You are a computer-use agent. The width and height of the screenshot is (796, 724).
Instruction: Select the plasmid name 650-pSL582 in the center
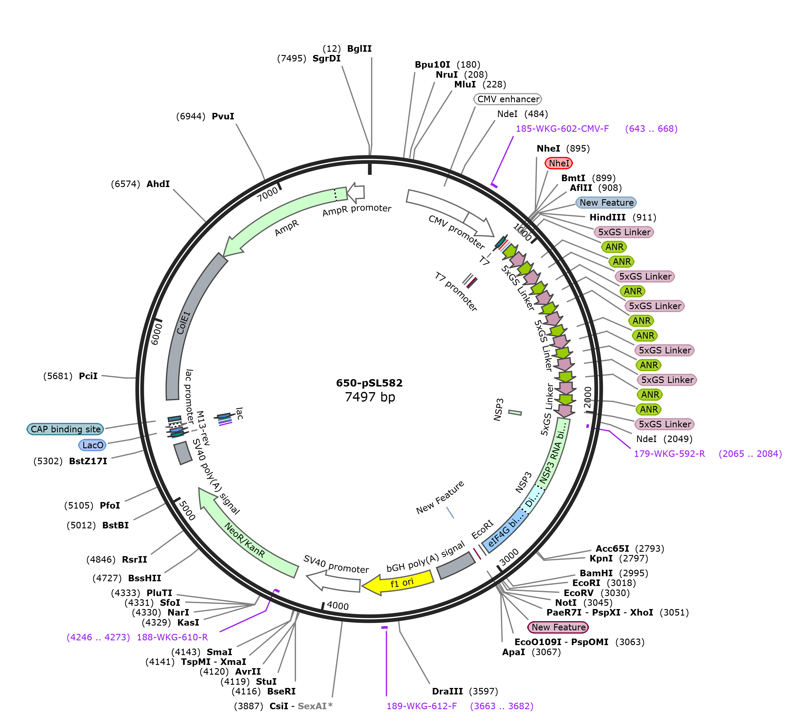[x=369, y=383]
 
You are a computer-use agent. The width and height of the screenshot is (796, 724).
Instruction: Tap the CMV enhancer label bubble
[x=508, y=99]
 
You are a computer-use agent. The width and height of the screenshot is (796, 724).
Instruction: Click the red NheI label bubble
[x=559, y=163]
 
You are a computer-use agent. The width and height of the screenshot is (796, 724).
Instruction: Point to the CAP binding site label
[x=66, y=429]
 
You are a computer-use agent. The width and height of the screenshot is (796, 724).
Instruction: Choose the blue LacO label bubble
[x=92, y=445]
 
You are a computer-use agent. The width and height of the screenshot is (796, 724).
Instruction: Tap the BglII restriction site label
[x=359, y=48]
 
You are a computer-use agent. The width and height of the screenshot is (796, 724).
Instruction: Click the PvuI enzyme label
[x=223, y=116]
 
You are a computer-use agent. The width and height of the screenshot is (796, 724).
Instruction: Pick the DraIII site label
[x=447, y=691]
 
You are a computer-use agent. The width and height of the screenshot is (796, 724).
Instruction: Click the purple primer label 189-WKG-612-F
[x=422, y=706]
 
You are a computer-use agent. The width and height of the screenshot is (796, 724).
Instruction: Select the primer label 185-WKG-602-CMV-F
[x=562, y=129]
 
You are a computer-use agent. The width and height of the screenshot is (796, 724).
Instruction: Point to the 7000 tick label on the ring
[x=268, y=194]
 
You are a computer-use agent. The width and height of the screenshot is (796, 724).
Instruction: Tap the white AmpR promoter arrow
[x=355, y=192]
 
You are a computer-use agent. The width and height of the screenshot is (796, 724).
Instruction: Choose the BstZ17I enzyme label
[x=88, y=461]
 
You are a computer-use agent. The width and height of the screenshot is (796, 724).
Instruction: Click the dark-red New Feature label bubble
[x=558, y=627]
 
